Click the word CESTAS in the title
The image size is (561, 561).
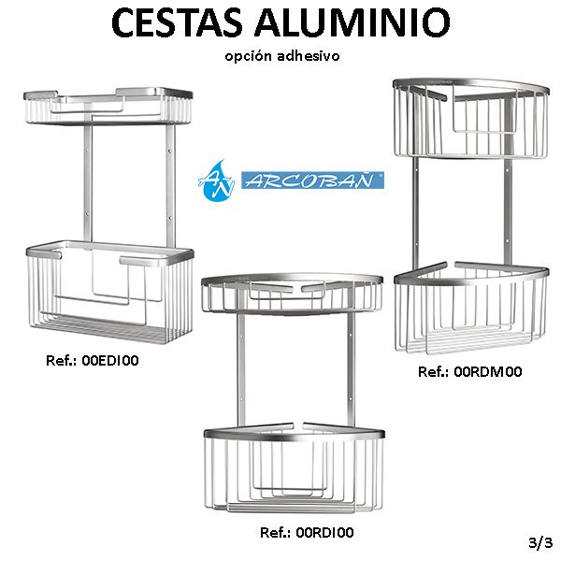[x=177, y=22]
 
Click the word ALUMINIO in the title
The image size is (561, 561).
[x=352, y=22]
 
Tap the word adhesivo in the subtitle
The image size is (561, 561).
[x=308, y=56]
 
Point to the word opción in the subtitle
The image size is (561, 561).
[x=249, y=56]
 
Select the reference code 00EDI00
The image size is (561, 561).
[x=110, y=360]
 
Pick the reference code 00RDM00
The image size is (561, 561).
[x=488, y=372]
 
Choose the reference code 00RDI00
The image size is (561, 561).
[x=324, y=532]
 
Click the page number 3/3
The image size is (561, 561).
[x=540, y=542]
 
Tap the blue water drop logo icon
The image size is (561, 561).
[x=216, y=180]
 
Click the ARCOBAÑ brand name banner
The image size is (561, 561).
[x=312, y=180]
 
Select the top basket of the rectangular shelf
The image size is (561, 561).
[x=108, y=107]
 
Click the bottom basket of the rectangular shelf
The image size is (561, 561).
[x=110, y=292]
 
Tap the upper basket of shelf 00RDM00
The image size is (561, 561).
[x=471, y=118]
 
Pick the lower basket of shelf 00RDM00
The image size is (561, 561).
[x=471, y=308]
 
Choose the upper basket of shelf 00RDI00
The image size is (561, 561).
[x=292, y=294]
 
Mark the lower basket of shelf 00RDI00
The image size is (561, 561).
[x=295, y=467]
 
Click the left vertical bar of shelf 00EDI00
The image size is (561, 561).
[x=88, y=183]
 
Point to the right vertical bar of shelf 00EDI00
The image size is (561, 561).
[x=171, y=186]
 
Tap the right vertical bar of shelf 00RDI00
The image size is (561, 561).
[x=351, y=369]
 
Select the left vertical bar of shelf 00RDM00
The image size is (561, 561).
[x=416, y=215]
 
